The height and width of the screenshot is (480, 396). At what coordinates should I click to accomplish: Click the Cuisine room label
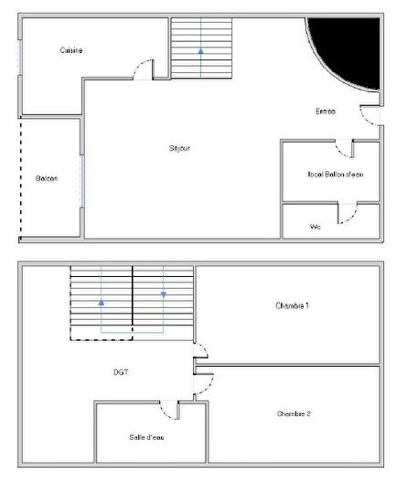click(x=71, y=50)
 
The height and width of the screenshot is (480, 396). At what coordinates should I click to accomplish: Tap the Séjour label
click(x=179, y=147)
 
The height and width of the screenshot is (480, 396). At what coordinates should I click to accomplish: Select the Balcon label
click(x=47, y=178)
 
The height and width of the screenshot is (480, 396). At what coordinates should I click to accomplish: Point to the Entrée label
click(x=326, y=112)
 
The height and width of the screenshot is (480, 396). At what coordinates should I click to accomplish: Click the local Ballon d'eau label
click(x=336, y=174)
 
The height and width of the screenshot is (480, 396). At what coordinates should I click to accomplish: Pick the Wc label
click(x=316, y=226)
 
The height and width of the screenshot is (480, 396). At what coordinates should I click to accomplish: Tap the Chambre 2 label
click(x=294, y=414)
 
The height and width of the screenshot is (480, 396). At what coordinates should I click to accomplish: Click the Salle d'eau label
click(x=145, y=437)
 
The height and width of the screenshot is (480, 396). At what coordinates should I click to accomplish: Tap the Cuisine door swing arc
click(x=144, y=68)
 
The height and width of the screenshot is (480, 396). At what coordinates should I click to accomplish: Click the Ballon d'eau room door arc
click(x=345, y=148)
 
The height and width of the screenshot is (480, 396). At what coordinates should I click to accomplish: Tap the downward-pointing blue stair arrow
click(x=163, y=293)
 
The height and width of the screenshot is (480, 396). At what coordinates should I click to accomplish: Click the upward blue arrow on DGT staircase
click(x=102, y=300)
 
